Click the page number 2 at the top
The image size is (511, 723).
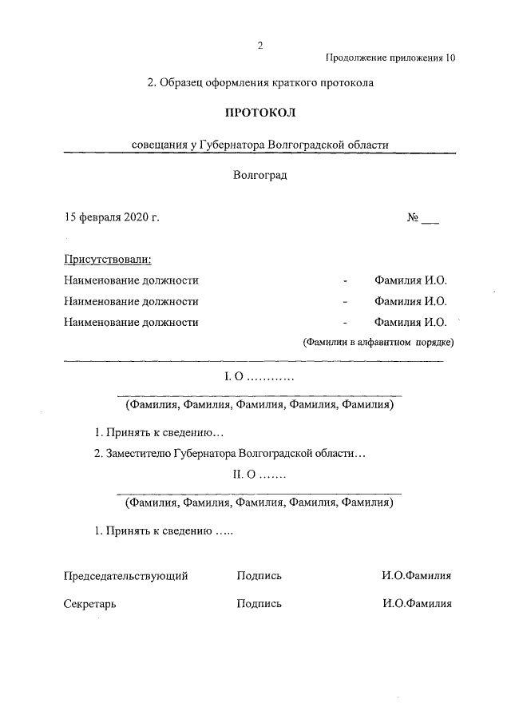pyautogui.click(x=259, y=45)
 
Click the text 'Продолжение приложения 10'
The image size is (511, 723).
pyautogui.click(x=391, y=58)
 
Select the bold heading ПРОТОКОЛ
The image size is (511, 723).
pyautogui.click(x=259, y=113)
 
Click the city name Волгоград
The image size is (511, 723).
pyautogui.click(x=259, y=175)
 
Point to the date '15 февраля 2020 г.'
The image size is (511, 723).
pyautogui.click(x=112, y=217)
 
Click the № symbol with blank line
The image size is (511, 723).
pyautogui.click(x=422, y=217)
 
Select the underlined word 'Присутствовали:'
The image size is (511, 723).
pyautogui.click(x=107, y=260)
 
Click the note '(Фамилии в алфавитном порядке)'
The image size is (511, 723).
pyautogui.click(x=378, y=343)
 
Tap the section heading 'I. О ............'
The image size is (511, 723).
pyautogui.click(x=259, y=376)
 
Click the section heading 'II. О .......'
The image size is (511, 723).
pyautogui.click(x=259, y=476)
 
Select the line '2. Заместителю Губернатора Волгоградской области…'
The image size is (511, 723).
pyautogui.click(x=230, y=453)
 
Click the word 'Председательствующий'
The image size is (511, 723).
pyautogui.click(x=125, y=575)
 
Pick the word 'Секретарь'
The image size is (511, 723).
pyautogui.click(x=90, y=604)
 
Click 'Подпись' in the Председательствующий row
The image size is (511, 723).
pyautogui.click(x=259, y=575)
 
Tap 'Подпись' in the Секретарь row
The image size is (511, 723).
pyautogui.click(x=259, y=604)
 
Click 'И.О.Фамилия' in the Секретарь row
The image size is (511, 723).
pyautogui.click(x=417, y=604)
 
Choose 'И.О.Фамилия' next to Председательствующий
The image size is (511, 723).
pyautogui.click(x=417, y=575)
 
